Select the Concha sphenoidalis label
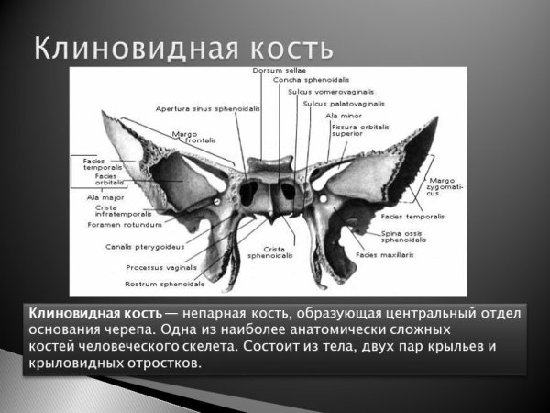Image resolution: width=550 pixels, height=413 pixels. click(302, 81)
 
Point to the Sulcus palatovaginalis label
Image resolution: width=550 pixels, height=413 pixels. click(334, 104)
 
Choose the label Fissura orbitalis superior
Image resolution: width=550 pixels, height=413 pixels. click(360, 128)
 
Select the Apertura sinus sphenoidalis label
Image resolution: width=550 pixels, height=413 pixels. click(208, 108)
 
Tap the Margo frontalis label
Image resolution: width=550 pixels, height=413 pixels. click(191, 136)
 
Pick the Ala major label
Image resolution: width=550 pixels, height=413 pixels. click(104, 195)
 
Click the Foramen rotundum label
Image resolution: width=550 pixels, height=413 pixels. click(125, 224)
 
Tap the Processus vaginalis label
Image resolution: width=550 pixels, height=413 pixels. click(160, 268)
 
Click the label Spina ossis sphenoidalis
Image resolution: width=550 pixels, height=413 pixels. click(403, 237)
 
